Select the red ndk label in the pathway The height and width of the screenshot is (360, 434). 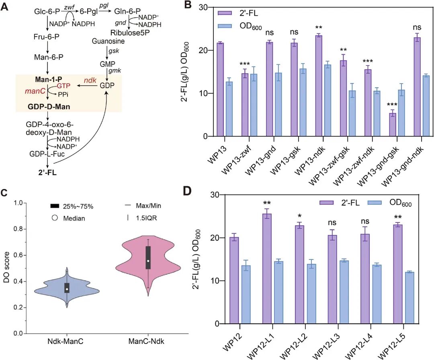pyautogui.click(x=90, y=80)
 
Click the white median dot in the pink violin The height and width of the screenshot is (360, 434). pyautogui.click(x=148, y=261)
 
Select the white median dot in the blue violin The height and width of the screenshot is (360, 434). pyautogui.click(x=67, y=289)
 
